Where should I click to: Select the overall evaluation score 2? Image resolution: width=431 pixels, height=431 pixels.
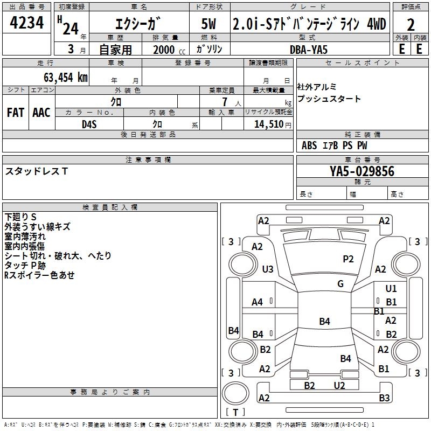pos(411,25)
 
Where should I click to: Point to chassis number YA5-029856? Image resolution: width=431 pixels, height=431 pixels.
pos(362,171)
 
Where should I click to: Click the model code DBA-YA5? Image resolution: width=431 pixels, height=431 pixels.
pos(309,49)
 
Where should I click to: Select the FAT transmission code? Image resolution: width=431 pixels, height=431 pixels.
pos(16,113)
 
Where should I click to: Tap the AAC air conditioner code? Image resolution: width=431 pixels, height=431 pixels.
pos(41,113)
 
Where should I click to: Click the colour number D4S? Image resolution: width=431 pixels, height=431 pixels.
pos(89,124)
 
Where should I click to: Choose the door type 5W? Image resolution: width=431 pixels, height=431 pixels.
pos(209,25)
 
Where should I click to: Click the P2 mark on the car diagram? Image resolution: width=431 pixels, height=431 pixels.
pos(349,259)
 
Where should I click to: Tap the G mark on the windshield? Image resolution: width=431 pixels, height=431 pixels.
pos(340,284)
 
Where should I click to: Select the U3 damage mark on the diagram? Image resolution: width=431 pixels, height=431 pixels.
pos(267,269)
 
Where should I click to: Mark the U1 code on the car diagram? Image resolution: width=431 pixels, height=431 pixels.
pos(391,289)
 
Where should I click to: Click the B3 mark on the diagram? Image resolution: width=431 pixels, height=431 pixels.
pos(384,398)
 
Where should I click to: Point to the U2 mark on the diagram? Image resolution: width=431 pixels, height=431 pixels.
pos(339,385)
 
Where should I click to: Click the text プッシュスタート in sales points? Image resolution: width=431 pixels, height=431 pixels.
pos(329,99)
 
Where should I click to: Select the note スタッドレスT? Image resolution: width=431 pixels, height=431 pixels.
pos(37,171)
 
